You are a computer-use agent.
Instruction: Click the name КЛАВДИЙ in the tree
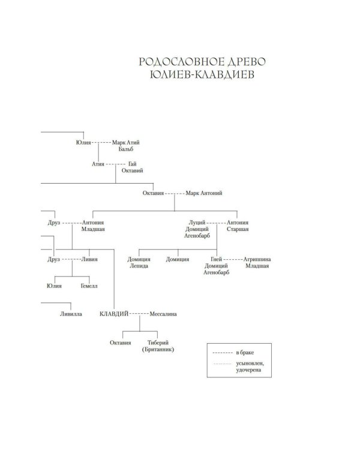114,314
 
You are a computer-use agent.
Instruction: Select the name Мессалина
163,314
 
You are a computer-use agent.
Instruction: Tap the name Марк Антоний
204,193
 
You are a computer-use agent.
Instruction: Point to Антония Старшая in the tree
238,226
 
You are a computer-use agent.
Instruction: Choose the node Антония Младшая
93,226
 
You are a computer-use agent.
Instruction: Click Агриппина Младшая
257,262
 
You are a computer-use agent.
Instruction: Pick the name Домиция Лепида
139,262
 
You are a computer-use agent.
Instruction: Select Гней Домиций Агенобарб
216,266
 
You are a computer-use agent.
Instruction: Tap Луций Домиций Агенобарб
197,229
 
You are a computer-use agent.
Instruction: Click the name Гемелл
89,286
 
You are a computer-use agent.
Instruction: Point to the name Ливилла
71,314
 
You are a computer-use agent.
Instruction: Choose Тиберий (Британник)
158,346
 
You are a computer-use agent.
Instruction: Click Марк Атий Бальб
126,146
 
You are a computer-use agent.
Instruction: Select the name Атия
98,164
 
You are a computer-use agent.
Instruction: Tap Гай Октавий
133,167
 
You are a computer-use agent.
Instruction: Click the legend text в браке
245,352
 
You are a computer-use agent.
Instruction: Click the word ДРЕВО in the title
247,62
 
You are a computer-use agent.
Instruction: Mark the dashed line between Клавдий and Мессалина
139,314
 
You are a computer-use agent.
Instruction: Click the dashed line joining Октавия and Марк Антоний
175,193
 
